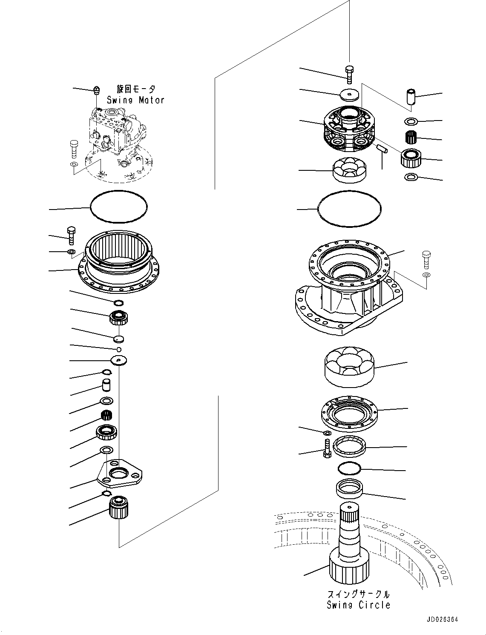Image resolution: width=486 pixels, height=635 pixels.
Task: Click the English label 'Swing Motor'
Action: tap(135, 100)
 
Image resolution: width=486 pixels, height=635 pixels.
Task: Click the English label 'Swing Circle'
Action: tap(358, 605)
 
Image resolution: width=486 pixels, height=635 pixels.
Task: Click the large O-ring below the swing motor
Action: tap(119, 207)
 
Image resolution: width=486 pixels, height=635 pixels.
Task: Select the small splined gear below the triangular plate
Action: tap(119, 508)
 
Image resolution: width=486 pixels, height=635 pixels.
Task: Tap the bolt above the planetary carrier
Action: tap(349, 75)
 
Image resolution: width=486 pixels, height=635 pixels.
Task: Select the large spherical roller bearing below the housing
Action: tap(349, 367)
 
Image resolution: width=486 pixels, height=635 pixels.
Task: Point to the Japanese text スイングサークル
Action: tap(358, 594)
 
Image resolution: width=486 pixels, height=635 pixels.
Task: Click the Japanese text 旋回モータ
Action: tap(136, 89)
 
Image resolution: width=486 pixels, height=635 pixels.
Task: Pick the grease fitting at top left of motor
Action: tap(97, 90)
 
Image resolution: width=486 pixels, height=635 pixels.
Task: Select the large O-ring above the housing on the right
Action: tap(350, 208)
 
